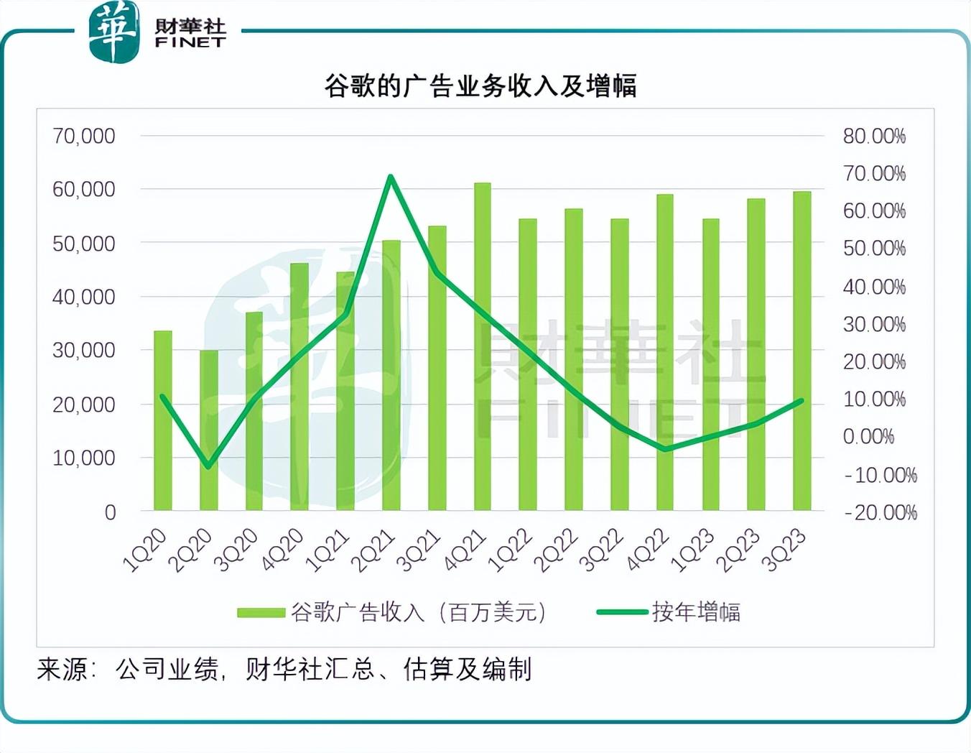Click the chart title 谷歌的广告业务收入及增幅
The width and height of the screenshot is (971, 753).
[480, 86]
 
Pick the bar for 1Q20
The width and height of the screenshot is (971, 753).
[163, 420]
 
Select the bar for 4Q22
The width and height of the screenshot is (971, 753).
[665, 352]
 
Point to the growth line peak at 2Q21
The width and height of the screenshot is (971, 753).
[391, 177]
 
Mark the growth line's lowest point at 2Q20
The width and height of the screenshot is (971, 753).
[209, 466]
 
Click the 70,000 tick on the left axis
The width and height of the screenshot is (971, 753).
[83, 136]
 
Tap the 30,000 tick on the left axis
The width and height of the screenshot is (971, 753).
[83, 350]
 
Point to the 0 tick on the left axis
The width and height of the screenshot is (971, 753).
[110, 512]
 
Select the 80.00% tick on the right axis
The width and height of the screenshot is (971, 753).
[874, 136]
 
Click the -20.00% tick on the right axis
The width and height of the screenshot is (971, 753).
[880, 512]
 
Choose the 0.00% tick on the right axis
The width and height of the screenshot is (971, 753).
[868, 437]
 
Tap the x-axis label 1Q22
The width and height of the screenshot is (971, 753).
[511, 550]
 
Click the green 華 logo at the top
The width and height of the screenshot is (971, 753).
[113, 32]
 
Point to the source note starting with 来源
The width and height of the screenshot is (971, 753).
[284, 670]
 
